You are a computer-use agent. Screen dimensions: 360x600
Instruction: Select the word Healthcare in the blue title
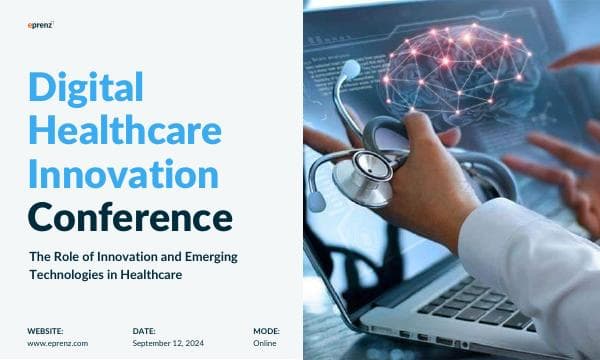[x=126, y=132]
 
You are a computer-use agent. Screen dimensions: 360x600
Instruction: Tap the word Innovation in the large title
[x=123, y=174]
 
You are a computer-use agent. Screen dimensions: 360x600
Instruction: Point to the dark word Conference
[x=130, y=215]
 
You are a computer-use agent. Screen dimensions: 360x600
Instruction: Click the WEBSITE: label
[x=45, y=330]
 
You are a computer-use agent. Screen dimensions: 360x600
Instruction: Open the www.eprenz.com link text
[x=56, y=343]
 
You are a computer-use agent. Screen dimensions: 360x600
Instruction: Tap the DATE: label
[x=144, y=330]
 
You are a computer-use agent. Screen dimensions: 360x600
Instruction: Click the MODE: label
[x=266, y=330]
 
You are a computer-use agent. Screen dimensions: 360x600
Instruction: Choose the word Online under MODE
[x=264, y=343]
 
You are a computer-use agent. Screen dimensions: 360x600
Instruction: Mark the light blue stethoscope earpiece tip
[x=351, y=69]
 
